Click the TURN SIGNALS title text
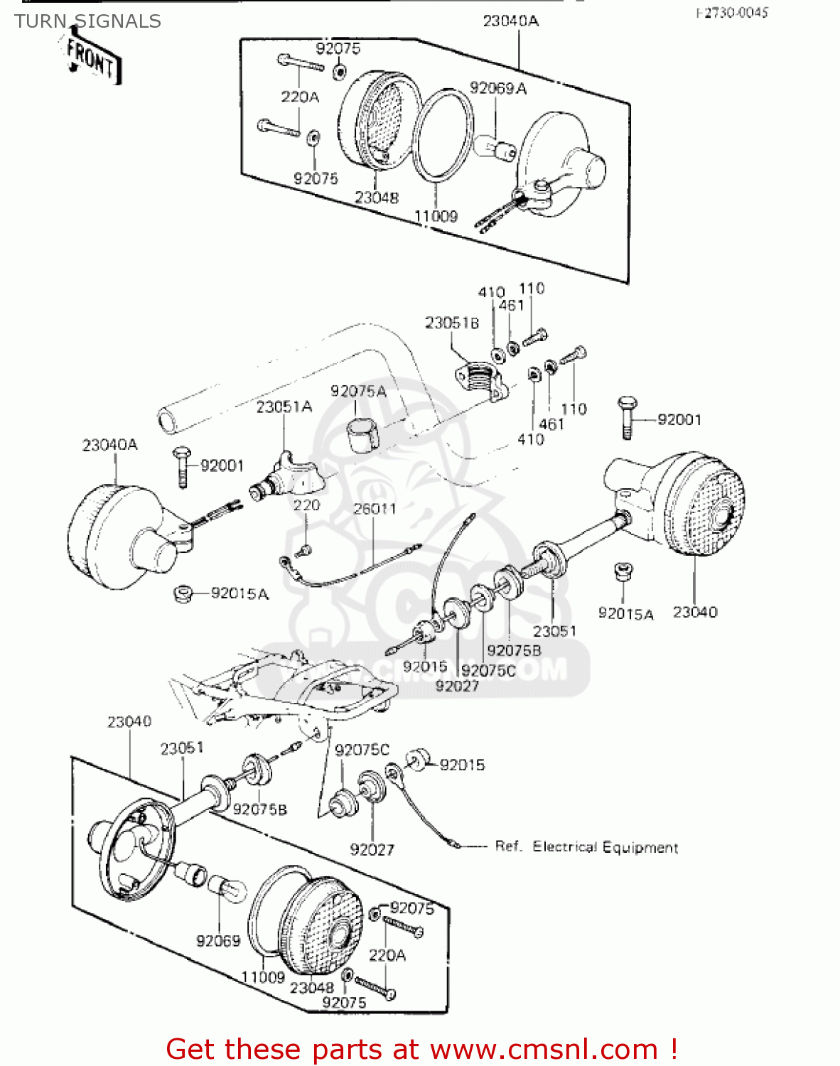click(87, 21)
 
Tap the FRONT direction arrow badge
click(92, 60)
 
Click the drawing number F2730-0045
click(731, 13)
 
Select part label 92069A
click(497, 88)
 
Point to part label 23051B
click(452, 323)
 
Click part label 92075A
click(358, 392)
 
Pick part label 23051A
click(284, 407)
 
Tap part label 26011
click(375, 509)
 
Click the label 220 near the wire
click(306, 505)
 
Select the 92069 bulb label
click(218, 940)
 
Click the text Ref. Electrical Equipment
click(586, 847)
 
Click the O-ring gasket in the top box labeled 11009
click(443, 136)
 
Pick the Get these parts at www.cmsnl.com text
click(421, 1049)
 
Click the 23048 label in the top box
click(377, 198)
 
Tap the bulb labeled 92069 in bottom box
click(226, 888)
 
